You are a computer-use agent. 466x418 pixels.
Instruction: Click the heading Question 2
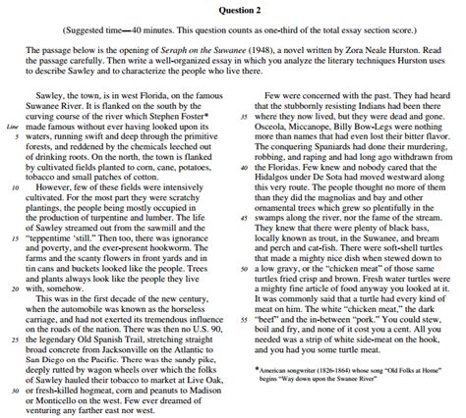233,9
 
